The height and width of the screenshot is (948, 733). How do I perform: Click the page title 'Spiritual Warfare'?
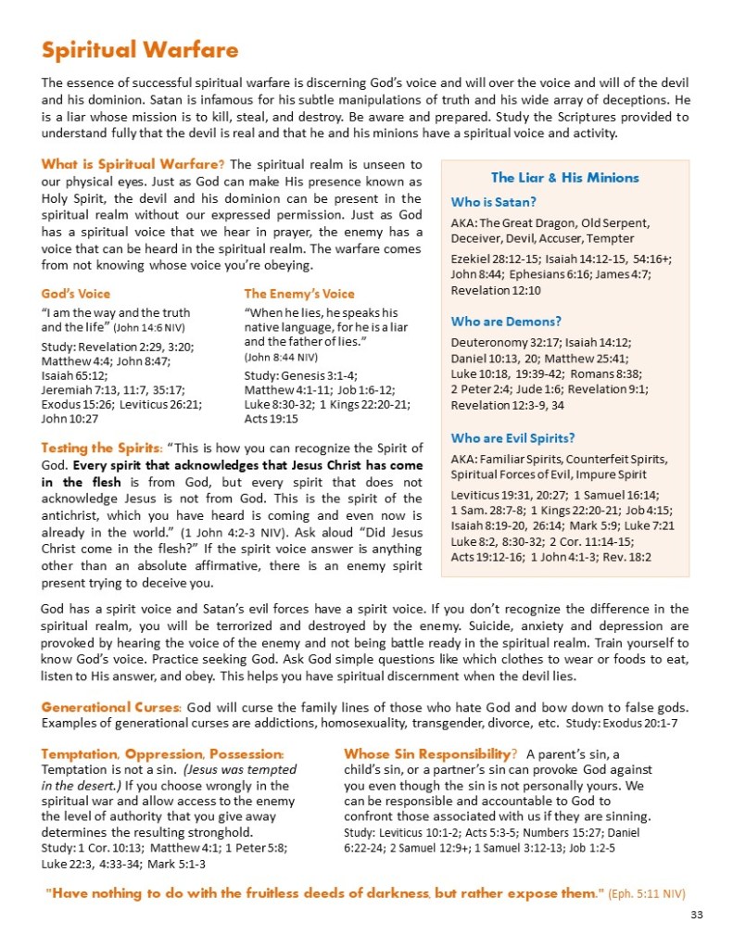(140, 49)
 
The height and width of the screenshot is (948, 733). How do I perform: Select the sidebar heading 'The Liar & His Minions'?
(564, 177)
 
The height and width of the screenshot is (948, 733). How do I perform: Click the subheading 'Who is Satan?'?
(494, 201)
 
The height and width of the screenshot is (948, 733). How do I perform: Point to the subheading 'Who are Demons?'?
(506, 322)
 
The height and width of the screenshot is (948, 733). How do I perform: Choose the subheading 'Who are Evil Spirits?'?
(512, 437)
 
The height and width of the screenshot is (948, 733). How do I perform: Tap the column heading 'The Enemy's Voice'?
(299, 294)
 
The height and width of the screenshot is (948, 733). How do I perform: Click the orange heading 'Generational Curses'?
(111, 706)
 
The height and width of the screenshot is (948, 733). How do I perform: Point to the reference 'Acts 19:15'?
(271, 418)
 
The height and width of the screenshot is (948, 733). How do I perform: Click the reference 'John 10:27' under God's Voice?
(70, 418)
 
